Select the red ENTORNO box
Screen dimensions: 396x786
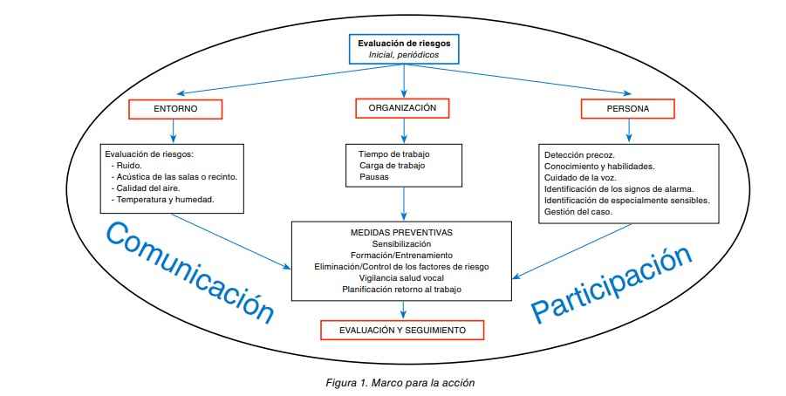click(x=174, y=109)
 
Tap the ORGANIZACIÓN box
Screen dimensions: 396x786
click(x=402, y=108)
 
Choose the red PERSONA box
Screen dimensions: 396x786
click(x=627, y=109)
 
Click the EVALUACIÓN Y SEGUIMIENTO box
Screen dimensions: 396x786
click(x=403, y=330)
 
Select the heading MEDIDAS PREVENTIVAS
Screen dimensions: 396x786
click(x=402, y=234)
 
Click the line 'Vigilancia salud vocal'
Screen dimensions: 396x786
click(x=402, y=277)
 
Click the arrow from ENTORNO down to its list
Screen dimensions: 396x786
click(x=174, y=129)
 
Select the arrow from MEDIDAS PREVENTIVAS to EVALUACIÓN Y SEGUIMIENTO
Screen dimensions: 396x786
click(x=402, y=309)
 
